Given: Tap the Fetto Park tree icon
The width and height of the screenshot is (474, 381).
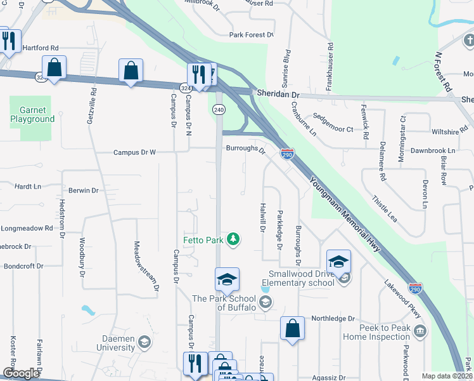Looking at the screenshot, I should (x=234, y=239).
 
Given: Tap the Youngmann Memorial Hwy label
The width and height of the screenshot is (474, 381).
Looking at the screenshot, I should (x=345, y=213).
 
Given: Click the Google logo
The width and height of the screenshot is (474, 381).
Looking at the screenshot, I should (x=21, y=373).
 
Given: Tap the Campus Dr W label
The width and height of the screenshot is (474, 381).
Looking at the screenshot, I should (x=134, y=152).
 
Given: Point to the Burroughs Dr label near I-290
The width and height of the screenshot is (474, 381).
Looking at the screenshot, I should (x=245, y=150).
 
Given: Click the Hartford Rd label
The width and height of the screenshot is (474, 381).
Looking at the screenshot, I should (x=40, y=48).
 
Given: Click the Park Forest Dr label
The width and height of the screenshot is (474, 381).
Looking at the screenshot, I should (x=252, y=35).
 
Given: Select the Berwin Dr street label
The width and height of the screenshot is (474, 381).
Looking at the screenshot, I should (x=84, y=190).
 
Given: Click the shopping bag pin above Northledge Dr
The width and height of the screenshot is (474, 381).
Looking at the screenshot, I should (x=292, y=328).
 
